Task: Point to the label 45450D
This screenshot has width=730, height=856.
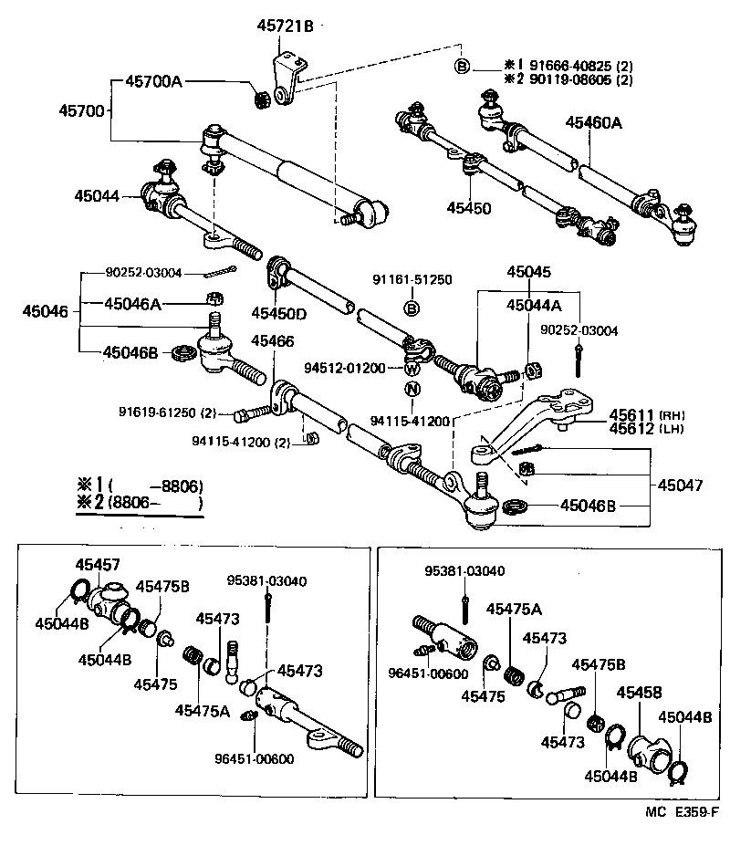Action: pos(279,314)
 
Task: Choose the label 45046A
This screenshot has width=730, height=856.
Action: pos(132,304)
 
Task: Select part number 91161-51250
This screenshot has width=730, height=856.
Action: pos(412,279)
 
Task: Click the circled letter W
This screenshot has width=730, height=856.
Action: pos(412,369)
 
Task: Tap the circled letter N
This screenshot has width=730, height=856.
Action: pos(412,390)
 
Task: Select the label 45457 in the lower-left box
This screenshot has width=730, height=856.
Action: pos(98,566)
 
